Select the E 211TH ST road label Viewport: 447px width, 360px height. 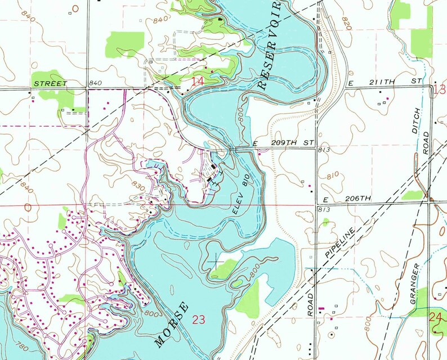click(385, 82)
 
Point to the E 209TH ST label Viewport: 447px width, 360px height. click(283, 145)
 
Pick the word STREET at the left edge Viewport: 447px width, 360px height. click(50, 84)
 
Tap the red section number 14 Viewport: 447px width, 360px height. click(197, 82)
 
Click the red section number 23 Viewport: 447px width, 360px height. click(199, 320)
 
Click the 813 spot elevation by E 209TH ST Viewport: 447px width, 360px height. click(323, 151)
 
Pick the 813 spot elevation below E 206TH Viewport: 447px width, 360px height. click(323, 209)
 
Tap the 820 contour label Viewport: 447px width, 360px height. click(345, 22)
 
